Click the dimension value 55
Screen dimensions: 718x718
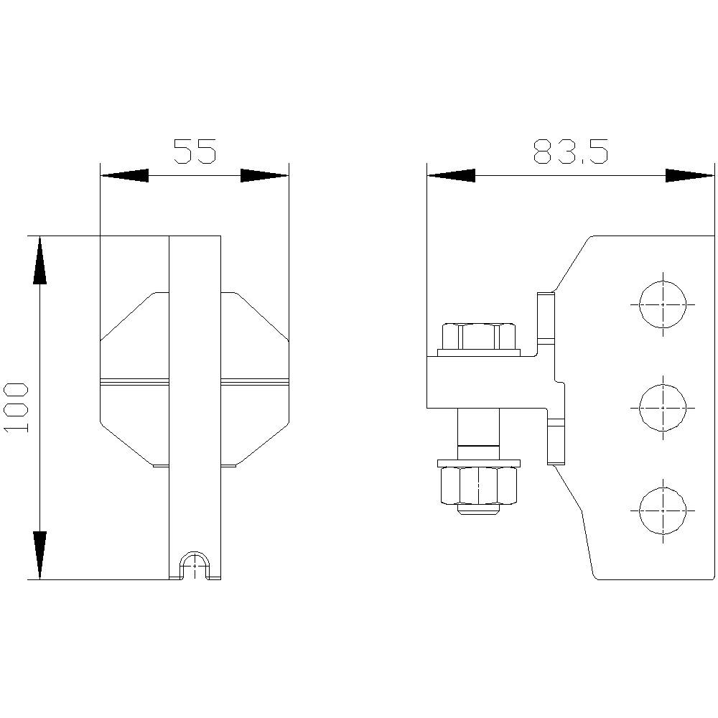195,151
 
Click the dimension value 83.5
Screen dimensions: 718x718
571,151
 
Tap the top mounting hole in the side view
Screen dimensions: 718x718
662,304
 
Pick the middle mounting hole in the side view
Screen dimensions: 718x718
662,407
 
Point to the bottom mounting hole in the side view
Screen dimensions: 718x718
662,510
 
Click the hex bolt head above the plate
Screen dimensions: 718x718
478,335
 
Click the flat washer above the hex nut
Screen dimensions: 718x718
478,460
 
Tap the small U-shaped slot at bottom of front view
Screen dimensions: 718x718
195,566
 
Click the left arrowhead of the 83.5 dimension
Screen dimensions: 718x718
451,175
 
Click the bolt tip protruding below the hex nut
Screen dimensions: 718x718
478,510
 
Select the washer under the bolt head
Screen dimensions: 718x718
478,353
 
